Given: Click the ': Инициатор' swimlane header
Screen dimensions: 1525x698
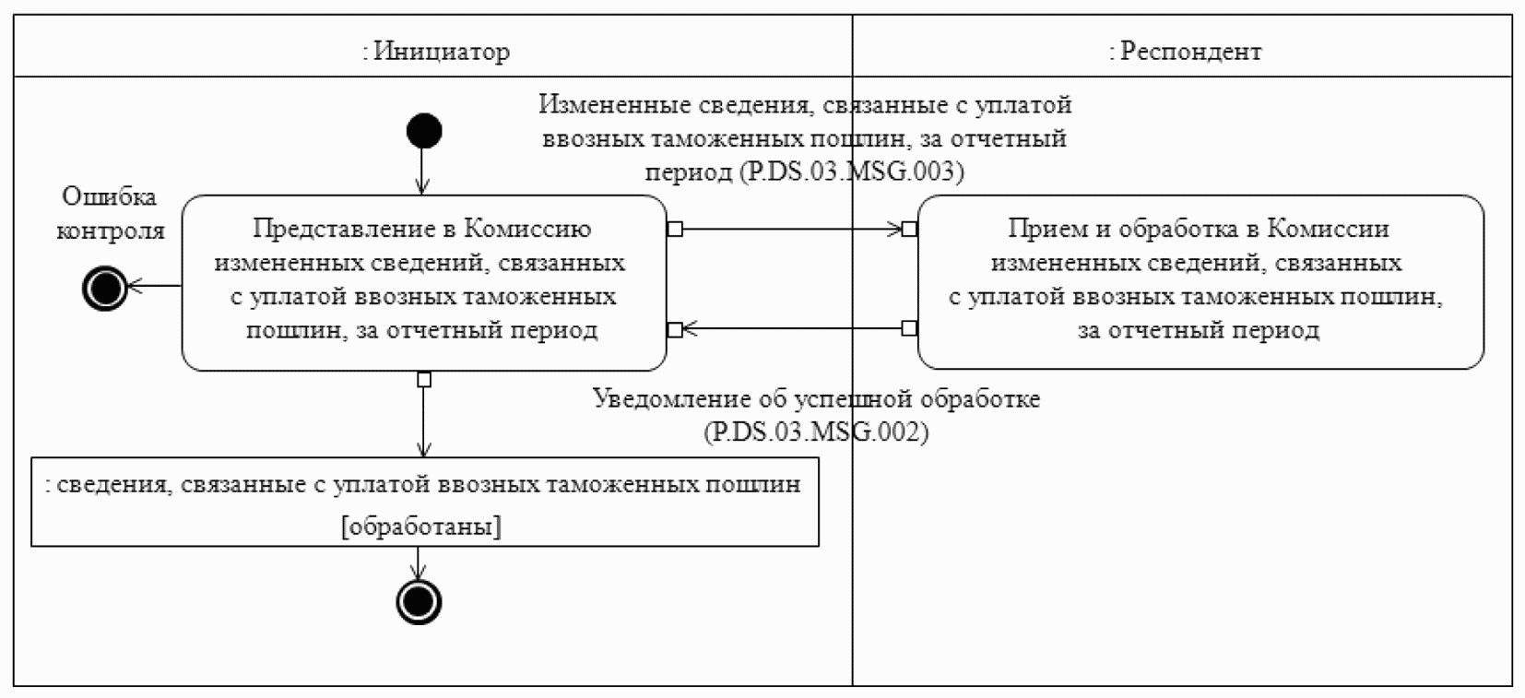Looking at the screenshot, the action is pyautogui.click(x=436, y=51).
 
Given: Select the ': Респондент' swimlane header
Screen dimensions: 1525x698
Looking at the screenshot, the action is pyautogui.click(x=1185, y=51).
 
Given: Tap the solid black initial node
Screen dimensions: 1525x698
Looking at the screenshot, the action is pyautogui.click(x=424, y=131).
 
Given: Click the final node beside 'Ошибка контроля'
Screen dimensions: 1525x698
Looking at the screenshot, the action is pyautogui.click(x=105, y=288).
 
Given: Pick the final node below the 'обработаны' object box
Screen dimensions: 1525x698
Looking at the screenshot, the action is pyautogui.click(x=419, y=602).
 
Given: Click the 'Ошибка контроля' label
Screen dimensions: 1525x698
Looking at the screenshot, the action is pyautogui.click(x=111, y=213).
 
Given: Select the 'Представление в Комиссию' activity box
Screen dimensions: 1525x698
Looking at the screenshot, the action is pyautogui.click(x=424, y=283).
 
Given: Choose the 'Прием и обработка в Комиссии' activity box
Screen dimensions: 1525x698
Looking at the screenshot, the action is pyautogui.click(x=1200, y=282).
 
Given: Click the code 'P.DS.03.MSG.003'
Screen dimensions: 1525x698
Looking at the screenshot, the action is pyautogui.click(x=852, y=171).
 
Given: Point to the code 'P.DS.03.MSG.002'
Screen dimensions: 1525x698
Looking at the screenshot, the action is pyautogui.click(x=816, y=432).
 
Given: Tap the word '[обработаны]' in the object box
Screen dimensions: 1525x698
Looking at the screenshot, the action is pyautogui.click(x=421, y=526).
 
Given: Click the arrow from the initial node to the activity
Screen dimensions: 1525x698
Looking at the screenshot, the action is pyautogui.click(x=423, y=172).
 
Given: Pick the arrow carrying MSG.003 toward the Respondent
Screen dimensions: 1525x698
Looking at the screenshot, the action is pyautogui.click(x=792, y=229).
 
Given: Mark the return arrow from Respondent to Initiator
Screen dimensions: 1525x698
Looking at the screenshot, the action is pyautogui.click(x=792, y=329).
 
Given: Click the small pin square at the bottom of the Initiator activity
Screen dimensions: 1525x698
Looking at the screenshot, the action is pyautogui.click(x=424, y=379).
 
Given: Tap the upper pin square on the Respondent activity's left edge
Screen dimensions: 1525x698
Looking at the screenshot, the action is pyautogui.click(x=909, y=229).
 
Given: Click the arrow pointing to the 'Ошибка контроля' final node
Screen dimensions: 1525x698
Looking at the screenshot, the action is pyautogui.click(x=155, y=286).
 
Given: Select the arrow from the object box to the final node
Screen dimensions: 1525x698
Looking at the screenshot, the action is pyautogui.click(x=418, y=563).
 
